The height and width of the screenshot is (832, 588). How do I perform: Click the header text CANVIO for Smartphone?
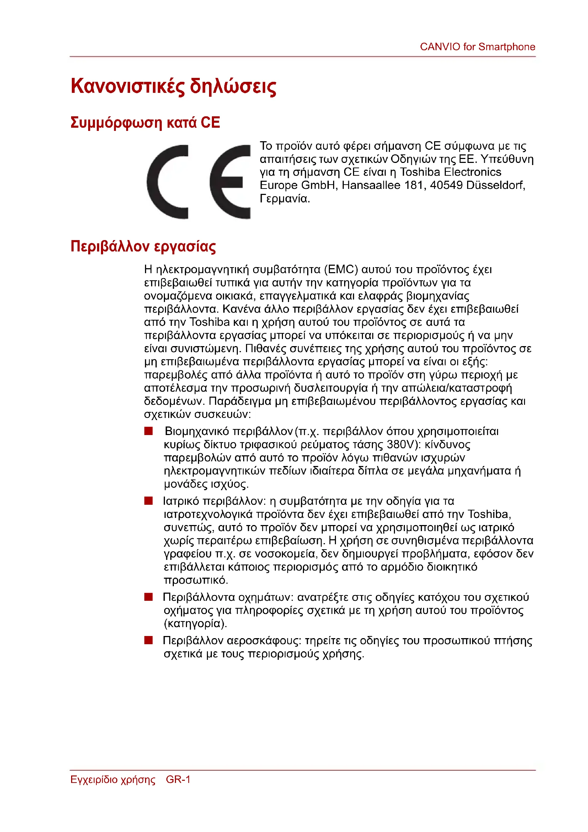click(x=477, y=47)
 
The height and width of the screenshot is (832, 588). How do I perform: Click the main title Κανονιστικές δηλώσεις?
click(x=173, y=86)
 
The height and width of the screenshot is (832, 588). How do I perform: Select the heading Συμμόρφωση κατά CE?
click(x=145, y=122)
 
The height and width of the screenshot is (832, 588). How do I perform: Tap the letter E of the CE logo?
click(x=230, y=181)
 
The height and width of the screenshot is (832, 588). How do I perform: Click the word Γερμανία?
click(x=285, y=198)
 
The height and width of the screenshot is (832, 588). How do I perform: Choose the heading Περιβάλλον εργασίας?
click(x=143, y=247)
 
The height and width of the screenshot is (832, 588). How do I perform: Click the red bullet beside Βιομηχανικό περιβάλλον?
click(x=149, y=431)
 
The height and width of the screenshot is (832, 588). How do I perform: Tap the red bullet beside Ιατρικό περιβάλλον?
click(x=149, y=501)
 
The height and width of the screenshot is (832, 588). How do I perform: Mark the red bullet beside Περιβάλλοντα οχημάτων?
click(x=149, y=597)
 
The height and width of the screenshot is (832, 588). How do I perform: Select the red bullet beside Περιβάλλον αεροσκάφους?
click(x=149, y=640)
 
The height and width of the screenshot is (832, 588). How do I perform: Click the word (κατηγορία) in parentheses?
click(x=195, y=624)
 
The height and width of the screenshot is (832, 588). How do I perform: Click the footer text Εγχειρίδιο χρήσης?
click(x=113, y=779)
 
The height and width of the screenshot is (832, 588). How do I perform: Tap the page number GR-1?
click(x=178, y=779)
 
